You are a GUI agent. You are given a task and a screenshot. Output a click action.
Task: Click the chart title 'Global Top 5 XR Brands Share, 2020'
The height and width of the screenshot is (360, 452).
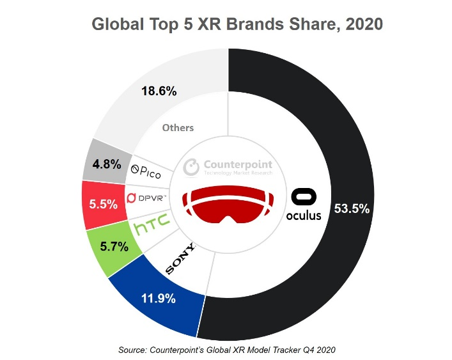pos(237,24)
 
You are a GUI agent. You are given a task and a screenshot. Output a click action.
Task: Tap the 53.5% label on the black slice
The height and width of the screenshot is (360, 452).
pos(352,209)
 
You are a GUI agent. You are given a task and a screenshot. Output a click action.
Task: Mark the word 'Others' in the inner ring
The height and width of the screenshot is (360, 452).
pos(178,128)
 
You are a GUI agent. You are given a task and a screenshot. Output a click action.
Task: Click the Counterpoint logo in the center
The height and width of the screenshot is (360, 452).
pos(228,166)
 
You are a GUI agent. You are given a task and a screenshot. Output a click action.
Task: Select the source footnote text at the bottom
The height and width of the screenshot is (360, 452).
pos(227,350)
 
